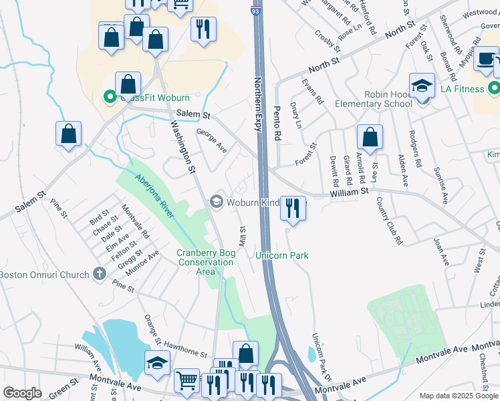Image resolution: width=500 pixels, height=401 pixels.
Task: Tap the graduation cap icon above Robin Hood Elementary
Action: [422, 86]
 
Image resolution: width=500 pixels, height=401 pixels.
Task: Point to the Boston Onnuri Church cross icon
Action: [99, 273]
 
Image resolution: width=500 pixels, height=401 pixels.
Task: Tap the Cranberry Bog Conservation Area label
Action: [205, 262]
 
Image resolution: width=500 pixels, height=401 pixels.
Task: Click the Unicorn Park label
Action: [281, 255]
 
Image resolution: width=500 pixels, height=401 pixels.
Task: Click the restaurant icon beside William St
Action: [293, 208]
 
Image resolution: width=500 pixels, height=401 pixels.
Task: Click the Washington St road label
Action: [181, 147]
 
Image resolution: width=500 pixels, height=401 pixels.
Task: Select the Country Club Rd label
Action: [389, 221]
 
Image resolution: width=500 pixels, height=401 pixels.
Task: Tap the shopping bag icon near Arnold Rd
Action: [370, 137]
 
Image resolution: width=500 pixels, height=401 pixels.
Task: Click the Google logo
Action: [22, 393]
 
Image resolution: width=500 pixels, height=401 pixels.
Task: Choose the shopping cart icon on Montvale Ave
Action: [186, 381]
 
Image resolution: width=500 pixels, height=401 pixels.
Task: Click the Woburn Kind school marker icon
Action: [216, 200]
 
